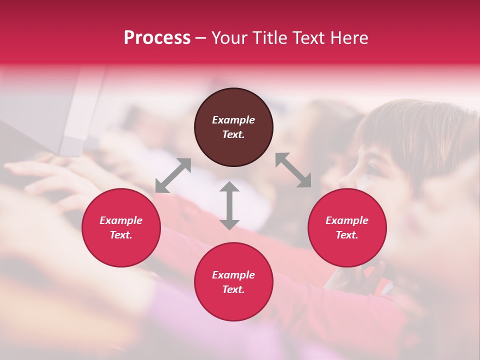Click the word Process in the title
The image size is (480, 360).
click(x=157, y=38)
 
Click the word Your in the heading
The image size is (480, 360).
click(x=230, y=38)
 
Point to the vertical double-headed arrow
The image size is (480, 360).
click(x=229, y=205)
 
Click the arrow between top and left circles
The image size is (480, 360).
click(x=173, y=175)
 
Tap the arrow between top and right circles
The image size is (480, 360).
click(x=293, y=170)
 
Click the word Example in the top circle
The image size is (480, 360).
click(x=233, y=120)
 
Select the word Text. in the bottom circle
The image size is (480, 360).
click(x=233, y=289)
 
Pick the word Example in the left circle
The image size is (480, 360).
click(x=121, y=220)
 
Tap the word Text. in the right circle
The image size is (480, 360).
click(x=347, y=235)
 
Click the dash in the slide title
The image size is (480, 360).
click(x=201, y=38)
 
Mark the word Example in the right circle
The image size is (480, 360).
click(x=347, y=220)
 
